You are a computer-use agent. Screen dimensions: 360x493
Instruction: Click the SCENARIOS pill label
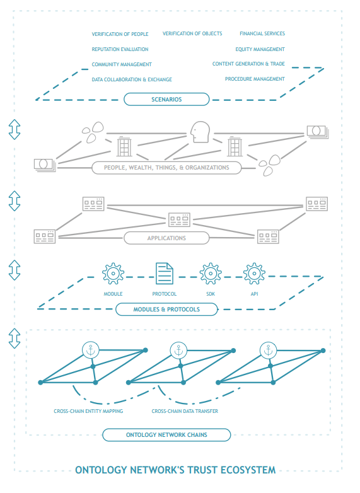[166, 100]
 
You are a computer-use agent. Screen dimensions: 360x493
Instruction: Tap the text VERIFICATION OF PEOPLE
[120, 34]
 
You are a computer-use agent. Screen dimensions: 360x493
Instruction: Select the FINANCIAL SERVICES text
[262, 33]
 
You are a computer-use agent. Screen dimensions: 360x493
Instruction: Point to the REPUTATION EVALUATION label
[120, 49]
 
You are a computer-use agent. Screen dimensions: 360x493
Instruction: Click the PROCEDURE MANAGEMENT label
[255, 79]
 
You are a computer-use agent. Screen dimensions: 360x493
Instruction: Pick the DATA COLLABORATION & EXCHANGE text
[132, 79]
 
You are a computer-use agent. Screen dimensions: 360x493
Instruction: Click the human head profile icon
[200, 132]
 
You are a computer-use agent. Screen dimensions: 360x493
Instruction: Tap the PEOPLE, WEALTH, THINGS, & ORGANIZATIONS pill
[166, 168]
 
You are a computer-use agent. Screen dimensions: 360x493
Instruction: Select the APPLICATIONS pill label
[166, 238]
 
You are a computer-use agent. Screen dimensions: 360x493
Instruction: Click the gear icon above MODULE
[113, 274]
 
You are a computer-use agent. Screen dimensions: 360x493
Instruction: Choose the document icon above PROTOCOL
[165, 274]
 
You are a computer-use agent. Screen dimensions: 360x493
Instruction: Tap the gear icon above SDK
[211, 274]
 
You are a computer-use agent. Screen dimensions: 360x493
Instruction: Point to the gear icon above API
[254, 274]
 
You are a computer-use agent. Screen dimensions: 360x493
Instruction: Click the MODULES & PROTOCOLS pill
[166, 310]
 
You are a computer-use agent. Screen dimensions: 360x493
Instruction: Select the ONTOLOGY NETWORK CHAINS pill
[166, 435]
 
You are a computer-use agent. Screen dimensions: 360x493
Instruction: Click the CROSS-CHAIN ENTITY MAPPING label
[88, 411]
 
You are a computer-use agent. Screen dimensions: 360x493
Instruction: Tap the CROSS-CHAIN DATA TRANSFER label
[185, 411]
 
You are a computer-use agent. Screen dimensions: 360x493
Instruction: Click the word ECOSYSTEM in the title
[248, 470]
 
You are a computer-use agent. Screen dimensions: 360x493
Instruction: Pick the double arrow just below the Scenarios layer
[15, 129]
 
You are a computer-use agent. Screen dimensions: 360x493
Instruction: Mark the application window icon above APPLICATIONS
[179, 220]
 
